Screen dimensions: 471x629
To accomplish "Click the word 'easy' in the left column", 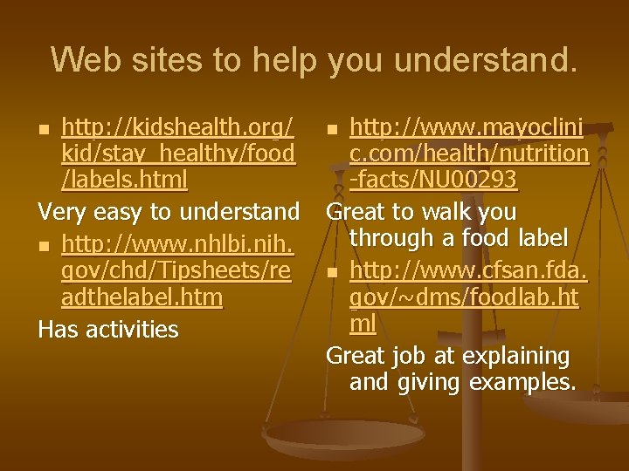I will coord(126,212).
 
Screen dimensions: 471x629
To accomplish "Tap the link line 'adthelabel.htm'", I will coord(142,298).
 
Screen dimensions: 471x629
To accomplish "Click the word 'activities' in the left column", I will coord(137,329).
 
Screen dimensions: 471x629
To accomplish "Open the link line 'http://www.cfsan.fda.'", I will coord(468,273).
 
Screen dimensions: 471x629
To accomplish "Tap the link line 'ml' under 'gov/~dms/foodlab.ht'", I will coord(362,325).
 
